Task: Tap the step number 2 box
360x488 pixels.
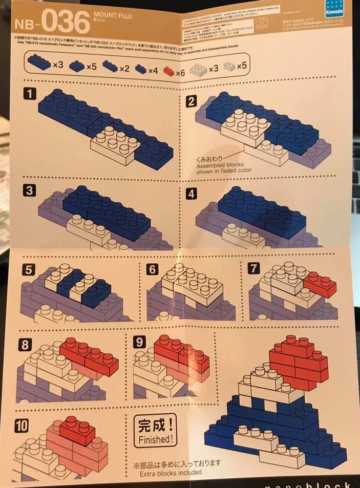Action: click(192, 101)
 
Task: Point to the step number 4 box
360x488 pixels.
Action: click(191, 194)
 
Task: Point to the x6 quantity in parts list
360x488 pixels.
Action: click(180, 73)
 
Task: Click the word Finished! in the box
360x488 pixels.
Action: click(154, 439)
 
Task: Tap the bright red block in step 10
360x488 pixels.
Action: click(76, 429)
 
